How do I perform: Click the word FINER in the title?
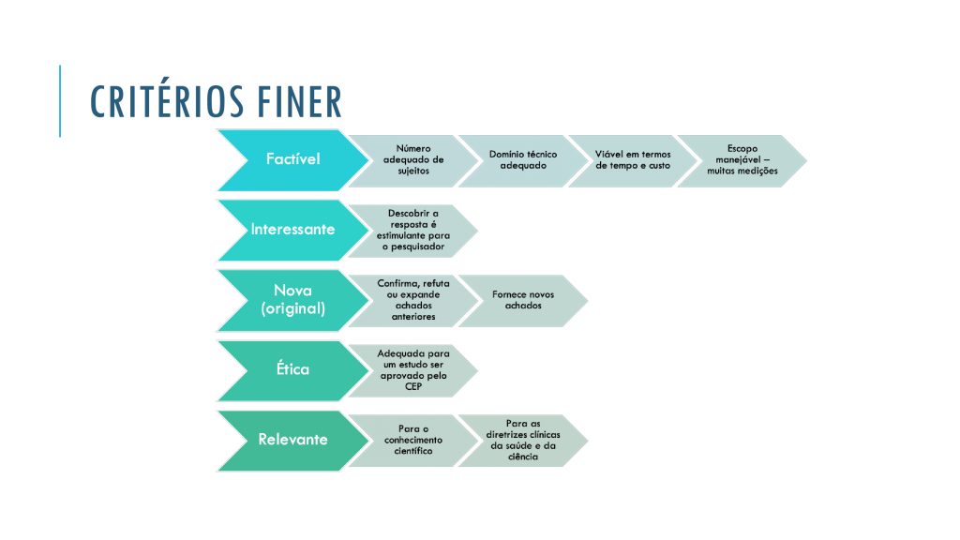point(299,101)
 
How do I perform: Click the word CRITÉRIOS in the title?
point(165,100)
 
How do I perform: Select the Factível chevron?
point(292,159)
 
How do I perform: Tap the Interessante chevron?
point(292,231)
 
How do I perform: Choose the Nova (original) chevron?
point(292,300)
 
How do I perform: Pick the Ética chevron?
point(292,370)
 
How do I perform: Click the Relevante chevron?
point(292,441)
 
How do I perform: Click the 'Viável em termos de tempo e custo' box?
point(633,160)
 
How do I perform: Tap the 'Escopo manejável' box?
point(742,160)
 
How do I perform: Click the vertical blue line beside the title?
point(60,101)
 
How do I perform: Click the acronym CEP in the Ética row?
point(413,387)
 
